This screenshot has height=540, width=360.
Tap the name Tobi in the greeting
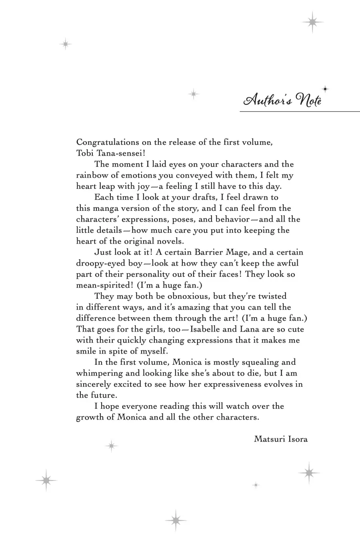[x=83, y=153]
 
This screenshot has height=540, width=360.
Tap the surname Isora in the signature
[x=297, y=439]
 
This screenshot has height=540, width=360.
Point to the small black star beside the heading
[x=325, y=89]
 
